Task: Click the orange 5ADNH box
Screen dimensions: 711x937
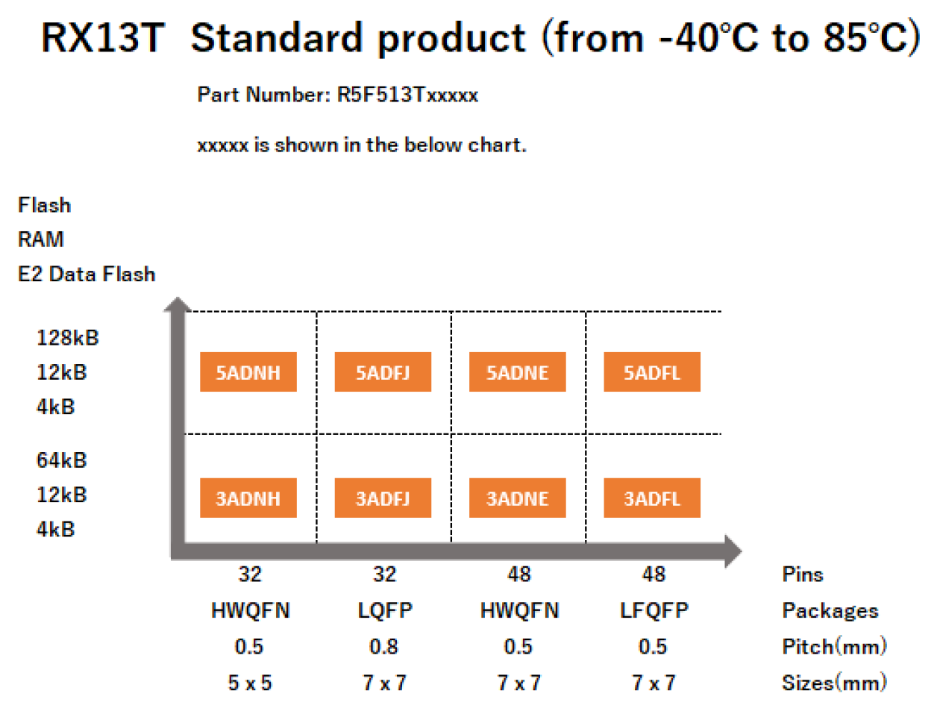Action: [248, 372]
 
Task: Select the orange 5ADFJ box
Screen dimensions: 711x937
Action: [383, 372]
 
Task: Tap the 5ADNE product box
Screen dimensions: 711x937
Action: [517, 372]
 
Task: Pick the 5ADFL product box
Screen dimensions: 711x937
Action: [651, 372]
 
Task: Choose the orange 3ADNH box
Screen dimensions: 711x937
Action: [248, 498]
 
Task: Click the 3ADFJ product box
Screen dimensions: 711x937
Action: [383, 498]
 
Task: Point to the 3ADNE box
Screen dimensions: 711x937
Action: [517, 498]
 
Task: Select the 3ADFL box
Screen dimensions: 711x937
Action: [651, 498]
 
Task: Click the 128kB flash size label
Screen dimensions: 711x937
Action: [67, 338]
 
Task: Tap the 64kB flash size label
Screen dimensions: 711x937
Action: [61, 460]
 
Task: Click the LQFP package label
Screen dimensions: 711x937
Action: [384, 610]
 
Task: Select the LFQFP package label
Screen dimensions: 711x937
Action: [654, 610]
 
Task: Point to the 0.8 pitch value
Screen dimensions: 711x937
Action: [383, 646]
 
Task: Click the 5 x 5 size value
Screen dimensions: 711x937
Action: [249, 683]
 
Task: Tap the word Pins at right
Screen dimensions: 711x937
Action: [802, 574]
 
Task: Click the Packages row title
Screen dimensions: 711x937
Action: [830, 610]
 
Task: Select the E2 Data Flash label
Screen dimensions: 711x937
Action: [87, 275]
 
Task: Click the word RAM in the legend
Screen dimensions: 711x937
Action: [41, 239]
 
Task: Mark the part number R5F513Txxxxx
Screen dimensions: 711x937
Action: [407, 95]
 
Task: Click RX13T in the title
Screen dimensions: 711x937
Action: [102, 37]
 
